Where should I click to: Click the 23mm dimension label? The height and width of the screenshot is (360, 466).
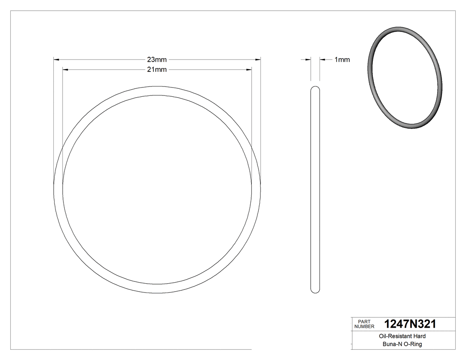pyautogui.click(x=157, y=59)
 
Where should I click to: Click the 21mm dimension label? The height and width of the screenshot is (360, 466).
pyautogui.click(x=157, y=69)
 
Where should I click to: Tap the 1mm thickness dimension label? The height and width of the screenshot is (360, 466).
pyautogui.click(x=342, y=59)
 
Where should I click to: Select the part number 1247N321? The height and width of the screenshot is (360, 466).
pyautogui.click(x=410, y=324)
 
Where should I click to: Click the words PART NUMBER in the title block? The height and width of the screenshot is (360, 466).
pyautogui.click(x=364, y=324)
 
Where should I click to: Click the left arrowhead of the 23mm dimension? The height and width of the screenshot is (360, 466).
pyautogui.click(x=56, y=59)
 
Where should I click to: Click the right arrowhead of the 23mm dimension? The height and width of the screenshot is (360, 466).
pyautogui.click(x=258, y=59)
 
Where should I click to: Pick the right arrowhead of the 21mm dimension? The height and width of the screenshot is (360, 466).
pyautogui.click(x=249, y=69)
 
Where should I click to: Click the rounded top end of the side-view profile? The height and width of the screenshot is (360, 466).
pyautogui.click(x=315, y=88)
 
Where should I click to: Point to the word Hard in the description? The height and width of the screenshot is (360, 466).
pyautogui.click(x=419, y=336)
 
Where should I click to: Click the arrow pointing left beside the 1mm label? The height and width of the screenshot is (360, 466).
pyautogui.click(x=323, y=59)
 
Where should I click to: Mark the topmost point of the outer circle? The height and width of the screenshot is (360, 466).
pyautogui.click(x=157, y=86)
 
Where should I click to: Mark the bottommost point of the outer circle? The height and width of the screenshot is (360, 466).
pyautogui.click(x=157, y=293)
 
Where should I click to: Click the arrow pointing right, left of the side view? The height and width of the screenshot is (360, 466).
pyautogui.click(x=307, y=59)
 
